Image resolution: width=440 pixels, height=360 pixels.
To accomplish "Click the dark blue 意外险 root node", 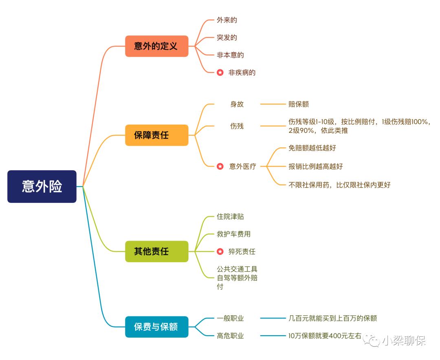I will (x=42, y=187).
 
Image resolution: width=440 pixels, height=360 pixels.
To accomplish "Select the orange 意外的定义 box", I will (x=156, y=46).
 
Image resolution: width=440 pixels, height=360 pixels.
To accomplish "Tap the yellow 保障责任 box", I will (x=156, y=135).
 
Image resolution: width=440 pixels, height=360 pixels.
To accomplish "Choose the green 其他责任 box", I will (x=156, y=251).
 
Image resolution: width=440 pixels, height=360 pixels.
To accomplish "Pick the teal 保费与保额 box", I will (x=156, y=327).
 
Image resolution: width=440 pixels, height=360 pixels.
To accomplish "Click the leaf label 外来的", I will (x=227, y=20).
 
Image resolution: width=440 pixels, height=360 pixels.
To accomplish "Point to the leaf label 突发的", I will (x=227, y=37).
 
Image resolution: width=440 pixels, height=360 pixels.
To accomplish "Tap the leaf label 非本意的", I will (x=230, y=55).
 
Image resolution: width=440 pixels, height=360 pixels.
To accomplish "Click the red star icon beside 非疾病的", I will (x=220, y=72).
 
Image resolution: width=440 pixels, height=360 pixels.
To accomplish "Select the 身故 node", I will (x=237, y=104).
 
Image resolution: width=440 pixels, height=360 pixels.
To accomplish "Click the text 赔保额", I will (x=299, y=104).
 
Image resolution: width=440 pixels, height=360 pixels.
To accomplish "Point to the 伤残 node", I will (x=237, y=126).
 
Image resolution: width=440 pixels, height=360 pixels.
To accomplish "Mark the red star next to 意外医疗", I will (x=220, y=166).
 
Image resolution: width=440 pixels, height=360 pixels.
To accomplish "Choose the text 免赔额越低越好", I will (x=312, y=148).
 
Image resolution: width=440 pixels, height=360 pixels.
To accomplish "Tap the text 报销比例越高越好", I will (x=315, y=166).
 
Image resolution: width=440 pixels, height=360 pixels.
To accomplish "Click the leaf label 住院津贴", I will (x=230, y=217).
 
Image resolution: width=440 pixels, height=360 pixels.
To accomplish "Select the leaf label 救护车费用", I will (x=233, y=234).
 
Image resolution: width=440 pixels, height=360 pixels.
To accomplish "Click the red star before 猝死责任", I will (x=220, y=252).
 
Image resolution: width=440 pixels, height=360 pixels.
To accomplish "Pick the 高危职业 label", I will (x=230, y=336).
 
